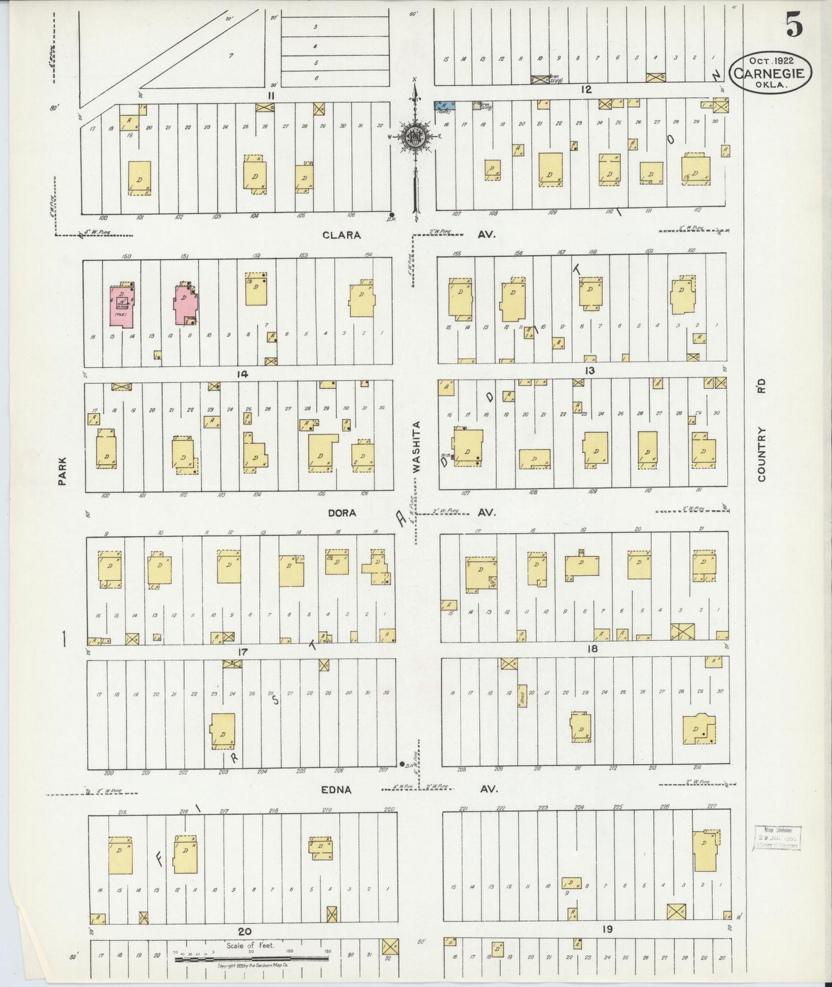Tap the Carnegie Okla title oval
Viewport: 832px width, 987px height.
click(770, 73)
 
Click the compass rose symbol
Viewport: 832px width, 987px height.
click(415, 137)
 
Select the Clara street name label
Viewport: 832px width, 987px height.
click(341, 235)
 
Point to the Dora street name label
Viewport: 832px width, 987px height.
click(343, 513)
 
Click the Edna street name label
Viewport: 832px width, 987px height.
click(337, 789)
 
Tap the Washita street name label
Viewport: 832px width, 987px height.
click(416, 447)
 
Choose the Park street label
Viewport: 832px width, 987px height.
click(62, 471)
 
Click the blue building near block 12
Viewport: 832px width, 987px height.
click(445, 106)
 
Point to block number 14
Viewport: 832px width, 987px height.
click(242, 374)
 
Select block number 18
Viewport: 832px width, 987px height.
click(592, 649)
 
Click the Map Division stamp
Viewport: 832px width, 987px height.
click(777, 838)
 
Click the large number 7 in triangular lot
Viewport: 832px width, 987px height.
click(230, 55)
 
